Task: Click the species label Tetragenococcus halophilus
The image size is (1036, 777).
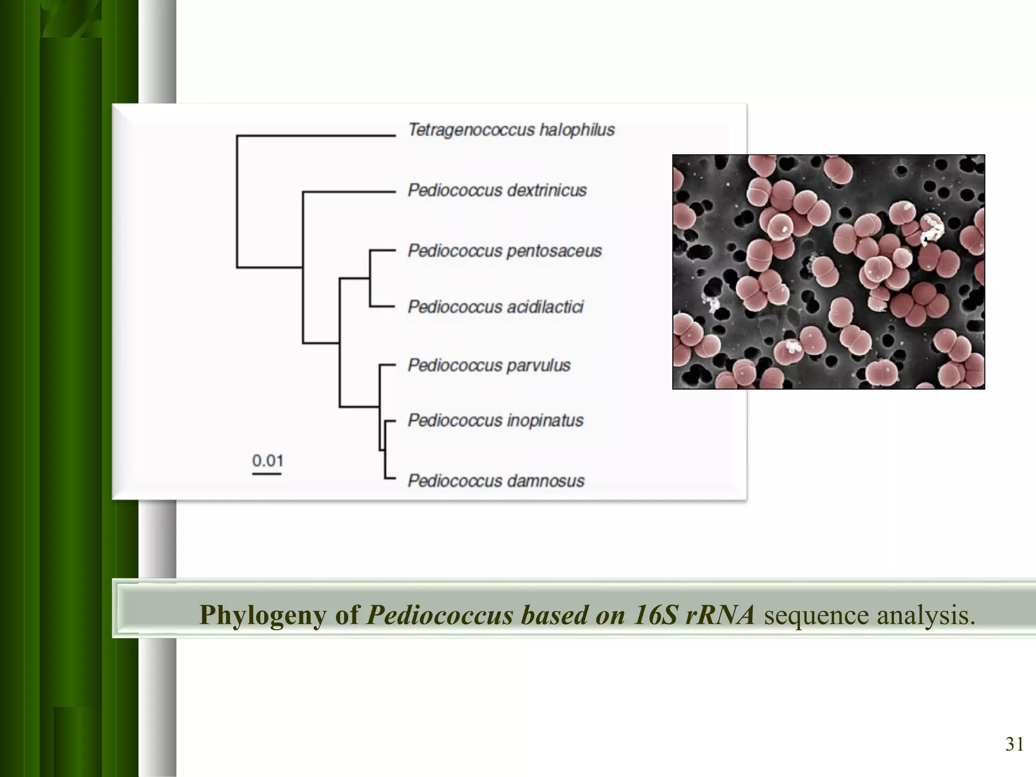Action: (x=511, y=130)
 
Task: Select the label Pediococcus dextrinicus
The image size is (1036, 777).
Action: (x=497, y=191)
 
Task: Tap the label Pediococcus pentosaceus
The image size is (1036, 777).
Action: (x=504, y=251)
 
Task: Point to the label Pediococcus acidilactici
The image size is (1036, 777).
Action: (x=495, y=307)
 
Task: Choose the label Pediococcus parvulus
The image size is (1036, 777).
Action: (x=489, y=365)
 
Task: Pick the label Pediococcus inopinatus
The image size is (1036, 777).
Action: (x=495, y=420)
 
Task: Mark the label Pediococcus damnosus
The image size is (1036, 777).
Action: (x=496, y=481)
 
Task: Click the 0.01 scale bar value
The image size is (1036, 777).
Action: (x=268, y=461)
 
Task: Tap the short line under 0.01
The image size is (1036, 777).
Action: (x=267, y=474)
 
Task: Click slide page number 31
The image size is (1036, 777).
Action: (x=1014, y=744)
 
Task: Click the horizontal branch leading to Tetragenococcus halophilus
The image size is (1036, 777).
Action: (x=316, y=136)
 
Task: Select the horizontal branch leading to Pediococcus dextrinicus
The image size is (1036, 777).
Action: (x=349, y=192)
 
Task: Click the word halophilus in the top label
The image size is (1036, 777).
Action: (x=577, y=130)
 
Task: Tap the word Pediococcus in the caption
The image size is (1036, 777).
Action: (x=440, y=615)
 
